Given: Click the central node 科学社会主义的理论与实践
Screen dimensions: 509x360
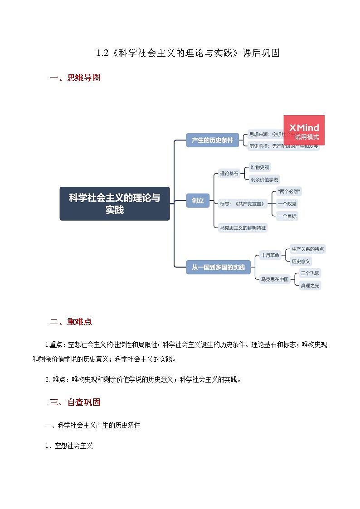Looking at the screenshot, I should (115, 204).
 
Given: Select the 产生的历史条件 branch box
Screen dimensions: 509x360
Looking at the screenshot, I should (212, 140).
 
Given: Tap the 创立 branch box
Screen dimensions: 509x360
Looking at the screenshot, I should (198, 200).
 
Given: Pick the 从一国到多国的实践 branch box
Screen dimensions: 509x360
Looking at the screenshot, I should (219, 267).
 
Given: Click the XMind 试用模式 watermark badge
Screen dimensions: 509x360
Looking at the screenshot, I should (304, 131).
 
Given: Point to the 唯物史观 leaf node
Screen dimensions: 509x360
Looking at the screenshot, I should (260, 168).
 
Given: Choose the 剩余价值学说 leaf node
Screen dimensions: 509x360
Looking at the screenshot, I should (264, 179).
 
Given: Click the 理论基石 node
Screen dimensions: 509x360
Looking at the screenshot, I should (229, 174).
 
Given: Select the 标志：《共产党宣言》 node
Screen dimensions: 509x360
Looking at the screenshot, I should (242, 204).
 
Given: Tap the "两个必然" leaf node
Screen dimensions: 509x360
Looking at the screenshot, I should (289, 191).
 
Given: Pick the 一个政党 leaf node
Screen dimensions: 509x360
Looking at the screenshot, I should (287, 204).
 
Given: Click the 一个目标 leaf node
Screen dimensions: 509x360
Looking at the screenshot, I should (287, 216).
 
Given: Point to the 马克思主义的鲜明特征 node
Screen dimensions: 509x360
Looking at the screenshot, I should (243, 228).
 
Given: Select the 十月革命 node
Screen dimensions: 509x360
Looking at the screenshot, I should (270, 255).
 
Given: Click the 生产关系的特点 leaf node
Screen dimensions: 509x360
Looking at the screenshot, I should (308, 249).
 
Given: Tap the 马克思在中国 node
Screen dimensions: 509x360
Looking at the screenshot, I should (274, 279).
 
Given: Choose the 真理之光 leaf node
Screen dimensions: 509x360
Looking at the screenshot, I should (310, 286).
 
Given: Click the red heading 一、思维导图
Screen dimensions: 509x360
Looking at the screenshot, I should (75, 78).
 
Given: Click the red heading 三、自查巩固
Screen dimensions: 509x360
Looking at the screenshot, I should (75, 402).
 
